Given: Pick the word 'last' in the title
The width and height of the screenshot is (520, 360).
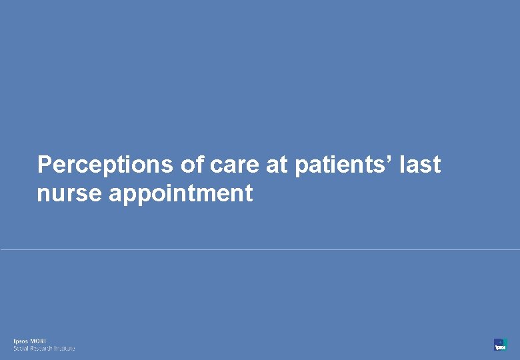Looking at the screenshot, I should [420, 164].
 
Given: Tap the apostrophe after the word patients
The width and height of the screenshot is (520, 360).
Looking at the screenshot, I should [390, 159].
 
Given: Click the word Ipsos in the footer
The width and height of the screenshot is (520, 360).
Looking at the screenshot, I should [21, 341].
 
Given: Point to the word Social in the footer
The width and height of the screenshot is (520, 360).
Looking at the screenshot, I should [21, 348].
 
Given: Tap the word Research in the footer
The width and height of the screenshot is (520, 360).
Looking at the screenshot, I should [42, 348].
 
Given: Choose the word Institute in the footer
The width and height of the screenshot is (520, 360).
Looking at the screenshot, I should [65, 348].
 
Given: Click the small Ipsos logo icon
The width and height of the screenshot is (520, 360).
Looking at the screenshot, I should [500, 344].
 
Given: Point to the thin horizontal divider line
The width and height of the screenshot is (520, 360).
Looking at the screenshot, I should [260, 250].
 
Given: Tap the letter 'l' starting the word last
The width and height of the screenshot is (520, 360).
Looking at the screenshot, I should [402, 164].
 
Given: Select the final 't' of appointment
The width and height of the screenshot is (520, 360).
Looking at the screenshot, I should [249, 193].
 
